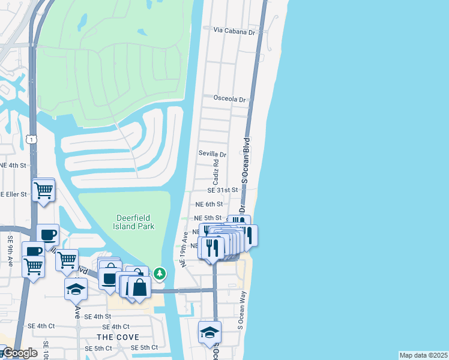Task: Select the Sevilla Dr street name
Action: tap(212, 154)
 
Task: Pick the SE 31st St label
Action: tap(223, 190)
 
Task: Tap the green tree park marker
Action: tap(160, 274)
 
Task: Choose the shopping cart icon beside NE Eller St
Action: tap(43, 190)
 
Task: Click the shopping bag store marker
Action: tap(139, 287)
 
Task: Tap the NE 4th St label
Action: tap(13, 165)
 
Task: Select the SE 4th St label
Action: tap(98, 316)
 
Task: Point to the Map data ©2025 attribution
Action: tap(423, 355)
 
